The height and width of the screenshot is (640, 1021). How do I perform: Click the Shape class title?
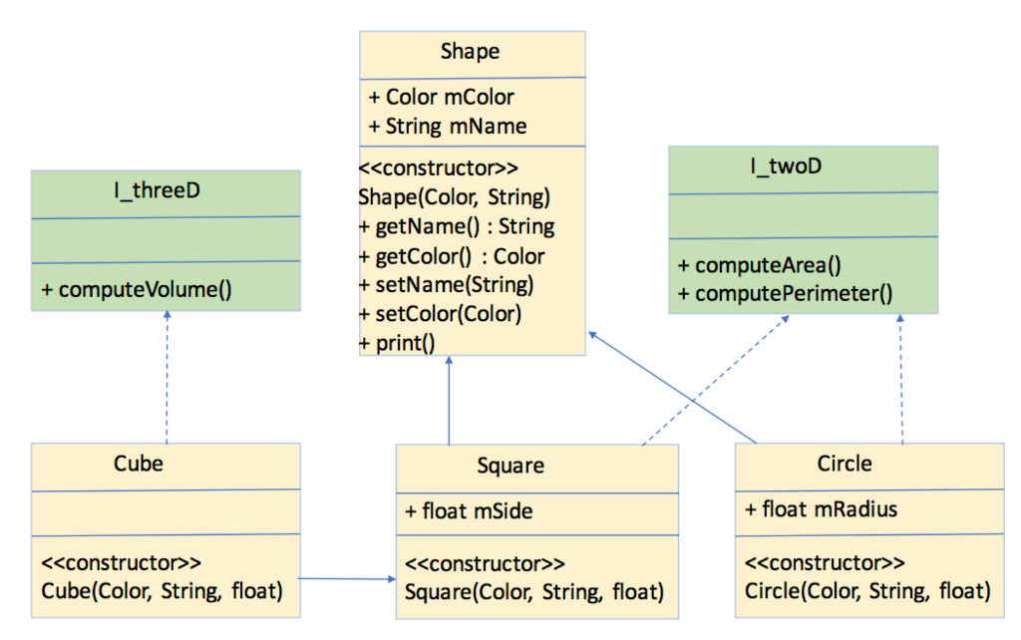pyautogui.click(x=470, y=52)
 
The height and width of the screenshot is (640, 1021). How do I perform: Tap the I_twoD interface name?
pyautogui.click(x=788, y=166)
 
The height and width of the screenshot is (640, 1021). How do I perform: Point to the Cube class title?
pyautogui.click(x=139, y=464)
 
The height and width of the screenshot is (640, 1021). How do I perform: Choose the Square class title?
pyautogui.click(x=510, y=466)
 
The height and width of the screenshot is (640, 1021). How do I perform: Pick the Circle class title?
pyautogui.click(x=844, y=464)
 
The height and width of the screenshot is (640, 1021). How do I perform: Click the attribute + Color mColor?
pyautogui.click(x=442, y=97)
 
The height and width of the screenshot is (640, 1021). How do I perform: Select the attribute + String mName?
pyautogui.click(x=448, y=126)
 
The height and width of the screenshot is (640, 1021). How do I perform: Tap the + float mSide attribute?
pyautogui.click(x=469, y=511)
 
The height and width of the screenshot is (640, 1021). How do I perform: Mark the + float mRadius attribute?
pyautogui.click(x=822, y=509)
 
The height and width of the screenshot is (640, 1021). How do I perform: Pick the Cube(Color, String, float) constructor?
pyautogui.click(x=163, y=590)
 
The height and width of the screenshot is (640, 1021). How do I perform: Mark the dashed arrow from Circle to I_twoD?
pyautogui.click(x=902, y=379)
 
